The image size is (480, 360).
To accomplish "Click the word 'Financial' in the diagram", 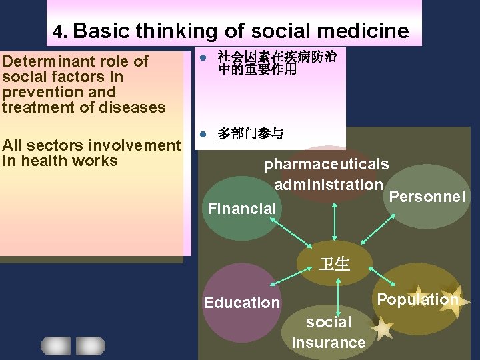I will tap(241, 209).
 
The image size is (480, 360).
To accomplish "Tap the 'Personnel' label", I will tap(427, 197).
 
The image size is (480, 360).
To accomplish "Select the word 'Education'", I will tap(241, 303).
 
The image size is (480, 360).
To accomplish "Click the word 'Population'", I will tap(417, 299).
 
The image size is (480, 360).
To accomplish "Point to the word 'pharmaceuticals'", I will tap(327, 164).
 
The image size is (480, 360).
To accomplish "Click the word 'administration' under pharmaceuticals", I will tap(329, 184).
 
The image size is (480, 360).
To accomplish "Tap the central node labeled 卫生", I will tap(334, 264).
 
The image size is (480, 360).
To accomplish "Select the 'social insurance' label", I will tap(329, 333).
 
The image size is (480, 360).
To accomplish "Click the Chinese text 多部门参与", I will tap(251, 134).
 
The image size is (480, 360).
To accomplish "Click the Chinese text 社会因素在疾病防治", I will tap(277, 57).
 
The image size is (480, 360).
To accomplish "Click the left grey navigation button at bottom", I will tap(55, 345).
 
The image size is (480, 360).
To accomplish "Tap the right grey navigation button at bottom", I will tap(90, 345).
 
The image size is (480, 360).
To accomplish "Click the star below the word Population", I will tap(382, 329).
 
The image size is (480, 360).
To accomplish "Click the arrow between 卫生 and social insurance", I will tap(339, 297).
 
